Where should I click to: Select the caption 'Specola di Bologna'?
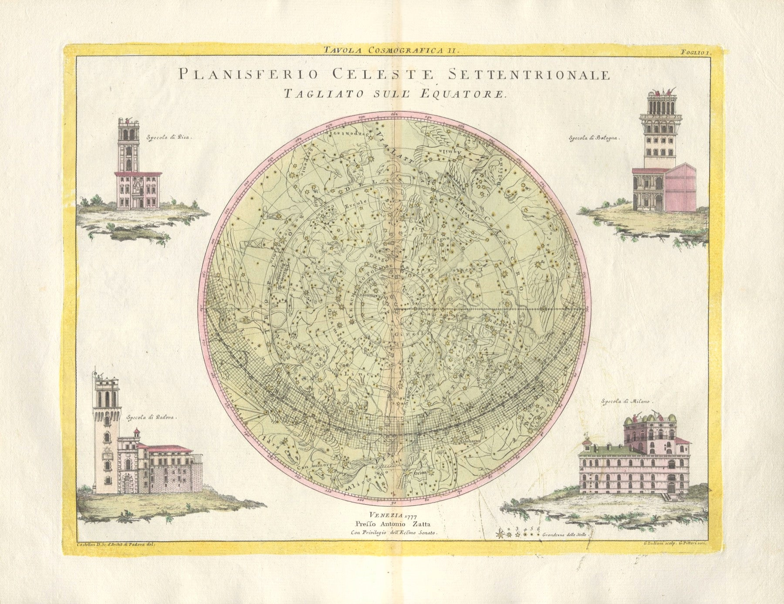pyautogui.click(x=593, y=138)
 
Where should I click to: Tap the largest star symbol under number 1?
pyautogui.click(x=500, y=534)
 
